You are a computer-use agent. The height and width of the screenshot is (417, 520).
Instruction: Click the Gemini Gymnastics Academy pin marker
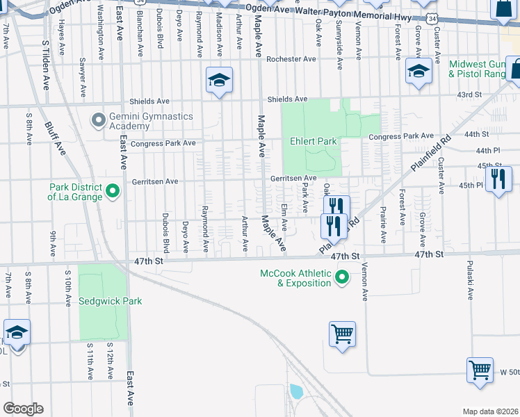pos(97,120)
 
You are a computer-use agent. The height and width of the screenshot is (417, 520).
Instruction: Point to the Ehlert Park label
pos(313,141)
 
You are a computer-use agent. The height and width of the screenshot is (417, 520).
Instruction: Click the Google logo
pos(23,408)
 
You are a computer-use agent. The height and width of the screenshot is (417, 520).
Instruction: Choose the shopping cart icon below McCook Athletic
pos(342,334)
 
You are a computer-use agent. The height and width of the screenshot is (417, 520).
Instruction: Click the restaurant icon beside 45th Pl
pos(498,180)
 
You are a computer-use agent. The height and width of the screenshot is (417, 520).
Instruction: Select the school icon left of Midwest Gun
pos(419,72)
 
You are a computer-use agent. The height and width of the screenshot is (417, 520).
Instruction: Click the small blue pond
pos(297,391)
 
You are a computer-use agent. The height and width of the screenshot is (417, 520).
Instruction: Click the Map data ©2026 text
pos(489,411)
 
